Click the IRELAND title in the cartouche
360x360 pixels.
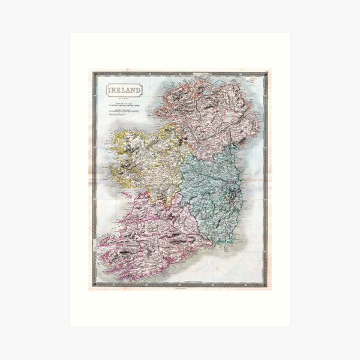point(125,90)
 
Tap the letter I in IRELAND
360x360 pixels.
point(110,90)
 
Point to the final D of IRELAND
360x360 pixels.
point(140,90)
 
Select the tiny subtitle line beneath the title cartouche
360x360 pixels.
point(125,97)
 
